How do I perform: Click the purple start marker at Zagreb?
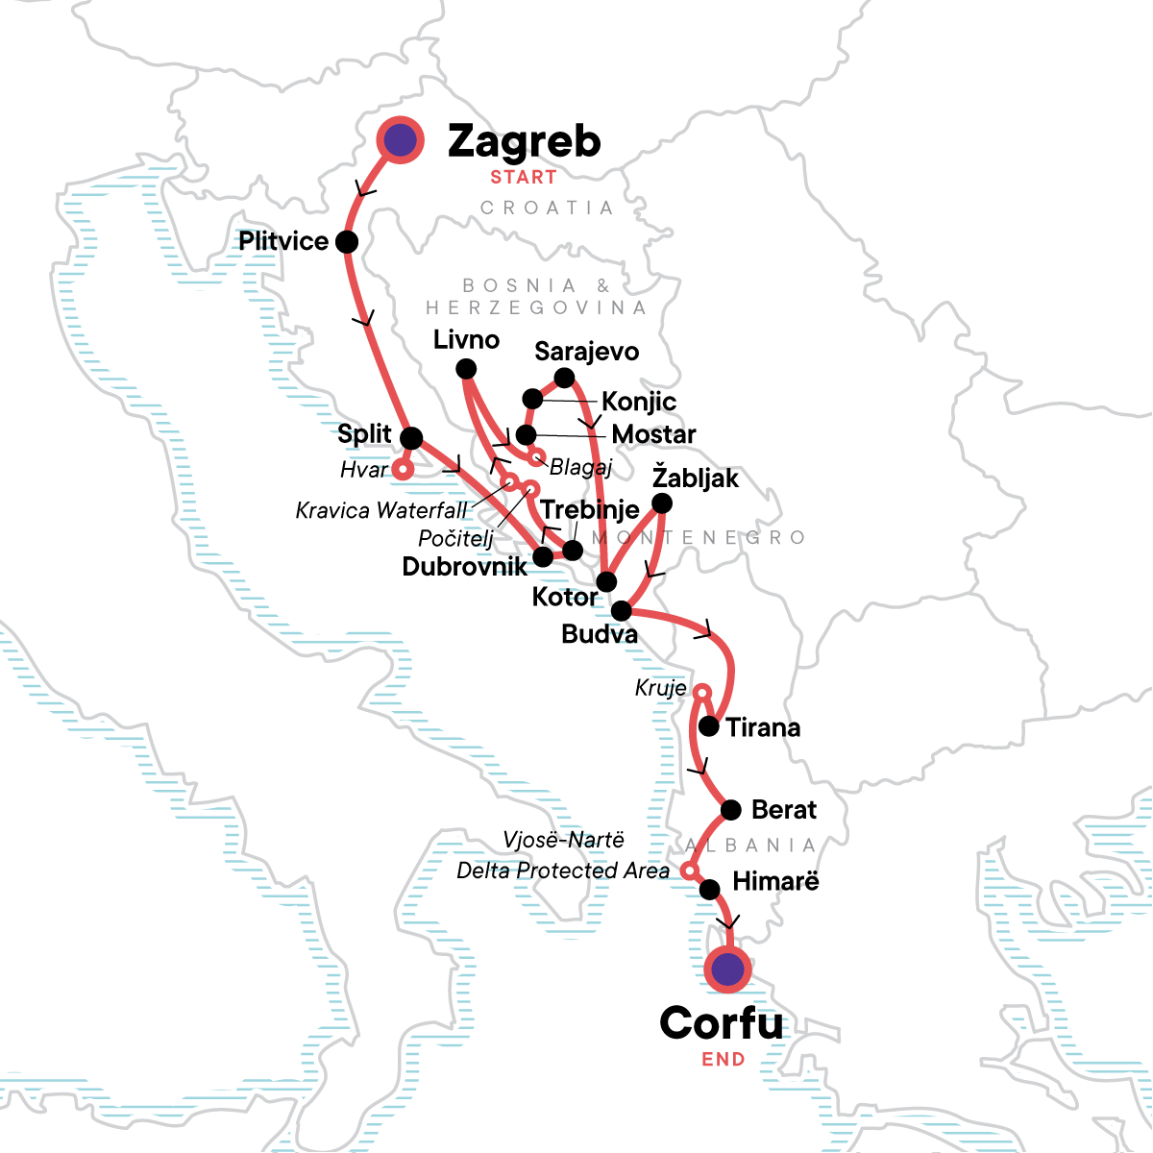[400, 141]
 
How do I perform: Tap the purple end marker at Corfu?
[727, 969]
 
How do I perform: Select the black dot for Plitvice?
[347, 242]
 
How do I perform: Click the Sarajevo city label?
[586, 352]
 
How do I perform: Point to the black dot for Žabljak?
[662, 503]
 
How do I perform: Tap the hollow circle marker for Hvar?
[403, 471]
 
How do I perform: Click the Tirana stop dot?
[709, 726]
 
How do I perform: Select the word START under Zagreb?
[524, 178]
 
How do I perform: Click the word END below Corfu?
[724, 1060]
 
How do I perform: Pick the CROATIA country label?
[547, 209]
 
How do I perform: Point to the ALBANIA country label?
[750, 846]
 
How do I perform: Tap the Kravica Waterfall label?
[381, 510]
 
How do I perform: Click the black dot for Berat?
[731, 810]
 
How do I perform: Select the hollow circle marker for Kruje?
[702, 692]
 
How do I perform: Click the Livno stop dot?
[466, 368]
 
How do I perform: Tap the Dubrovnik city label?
[464, 567]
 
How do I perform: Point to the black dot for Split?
[410, 438]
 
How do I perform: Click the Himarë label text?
[775, 881]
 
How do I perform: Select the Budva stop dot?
[622, 610]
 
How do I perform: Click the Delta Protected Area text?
[563, 871]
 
